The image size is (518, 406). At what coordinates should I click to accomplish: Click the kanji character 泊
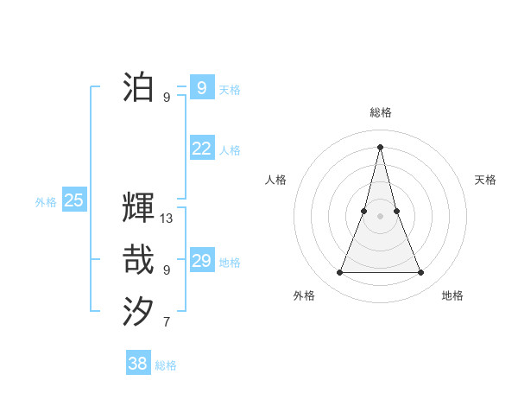point(139,87)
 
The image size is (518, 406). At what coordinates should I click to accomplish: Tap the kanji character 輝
point(139,208)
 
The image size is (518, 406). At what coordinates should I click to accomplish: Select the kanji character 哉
point(139,260)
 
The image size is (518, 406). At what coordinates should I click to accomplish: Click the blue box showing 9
point(201,87)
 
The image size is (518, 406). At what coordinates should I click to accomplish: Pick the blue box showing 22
point(201,149)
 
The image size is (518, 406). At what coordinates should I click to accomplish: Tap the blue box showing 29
point(201,261)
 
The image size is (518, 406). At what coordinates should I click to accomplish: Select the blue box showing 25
point(73,201)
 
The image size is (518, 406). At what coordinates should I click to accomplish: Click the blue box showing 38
point(137,364)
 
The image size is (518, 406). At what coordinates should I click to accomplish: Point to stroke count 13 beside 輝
point(167,219)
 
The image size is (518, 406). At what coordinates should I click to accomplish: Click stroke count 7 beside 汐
point(167,323)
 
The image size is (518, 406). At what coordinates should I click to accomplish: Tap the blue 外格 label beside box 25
point(46,202)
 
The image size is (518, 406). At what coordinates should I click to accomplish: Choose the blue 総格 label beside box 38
point(166,365)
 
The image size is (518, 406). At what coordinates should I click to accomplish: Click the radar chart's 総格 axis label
point(381,112)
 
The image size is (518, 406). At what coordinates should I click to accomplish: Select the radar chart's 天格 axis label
point(485,180)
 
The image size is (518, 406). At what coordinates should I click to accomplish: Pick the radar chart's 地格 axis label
point(452,295)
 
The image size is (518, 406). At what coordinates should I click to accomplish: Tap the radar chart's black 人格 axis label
point(275,180)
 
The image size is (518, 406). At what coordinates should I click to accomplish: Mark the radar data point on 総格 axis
point(381,147)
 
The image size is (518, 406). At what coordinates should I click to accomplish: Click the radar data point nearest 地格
point(421,273)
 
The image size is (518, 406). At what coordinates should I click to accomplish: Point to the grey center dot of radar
point(381,216)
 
